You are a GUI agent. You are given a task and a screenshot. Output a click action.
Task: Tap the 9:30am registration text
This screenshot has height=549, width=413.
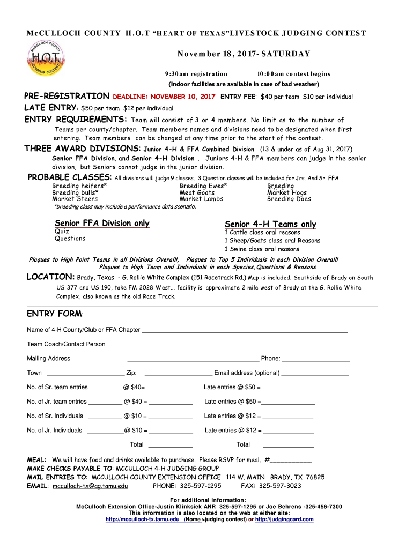(196, 73)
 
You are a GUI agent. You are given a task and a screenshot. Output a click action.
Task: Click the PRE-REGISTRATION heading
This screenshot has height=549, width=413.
(67, 97)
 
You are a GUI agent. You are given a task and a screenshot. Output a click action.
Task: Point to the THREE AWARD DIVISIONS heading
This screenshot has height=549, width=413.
(83, 149)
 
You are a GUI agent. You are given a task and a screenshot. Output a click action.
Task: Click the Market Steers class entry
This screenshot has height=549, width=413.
(75, 199)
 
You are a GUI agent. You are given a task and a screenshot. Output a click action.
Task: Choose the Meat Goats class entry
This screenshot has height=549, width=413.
(197, 192)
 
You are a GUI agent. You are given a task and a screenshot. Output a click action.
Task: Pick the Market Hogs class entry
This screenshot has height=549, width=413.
(287, 192)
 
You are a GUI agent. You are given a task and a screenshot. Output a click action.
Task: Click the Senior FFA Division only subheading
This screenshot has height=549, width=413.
(102, 223)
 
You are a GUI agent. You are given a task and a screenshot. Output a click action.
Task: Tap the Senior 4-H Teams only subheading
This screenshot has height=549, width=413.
(270, 224)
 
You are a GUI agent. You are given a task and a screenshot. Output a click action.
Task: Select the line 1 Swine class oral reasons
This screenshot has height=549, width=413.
(262, 249)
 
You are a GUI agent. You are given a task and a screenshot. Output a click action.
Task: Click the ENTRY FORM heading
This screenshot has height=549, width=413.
(55, 313)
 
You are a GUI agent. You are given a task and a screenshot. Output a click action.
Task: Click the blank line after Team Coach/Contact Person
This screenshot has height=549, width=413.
(238, 346)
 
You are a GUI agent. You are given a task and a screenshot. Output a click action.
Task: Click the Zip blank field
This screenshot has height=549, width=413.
(178, 375)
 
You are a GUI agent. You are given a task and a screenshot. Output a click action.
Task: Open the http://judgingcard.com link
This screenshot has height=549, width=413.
(284, 519)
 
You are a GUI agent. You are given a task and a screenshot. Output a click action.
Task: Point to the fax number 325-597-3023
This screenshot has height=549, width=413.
(279, 486)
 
